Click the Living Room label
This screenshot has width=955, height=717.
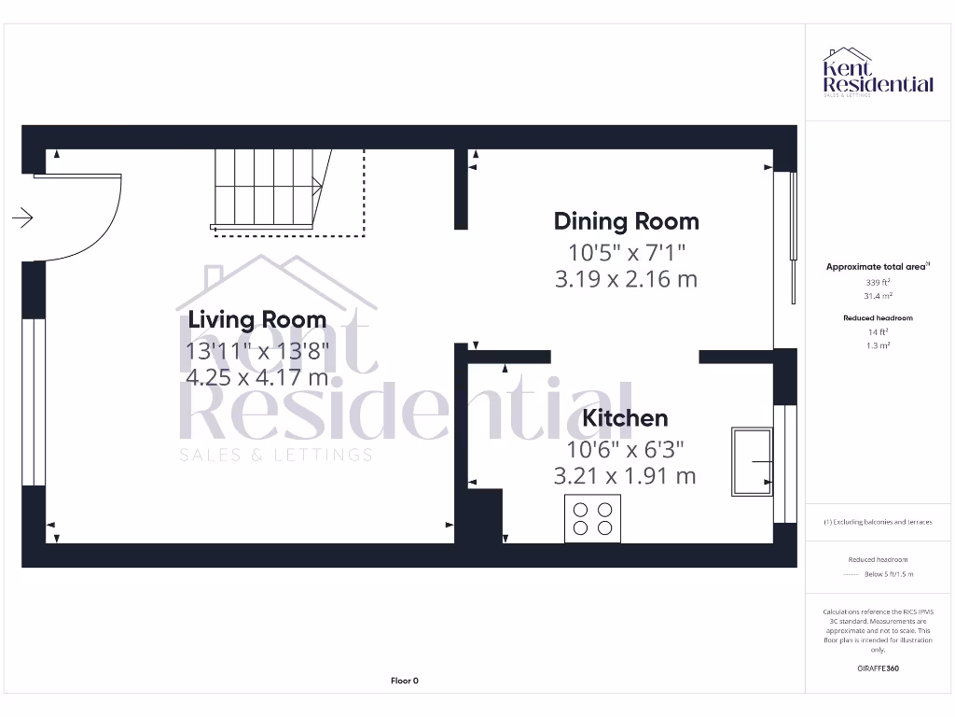257,319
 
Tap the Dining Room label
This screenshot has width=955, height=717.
626,221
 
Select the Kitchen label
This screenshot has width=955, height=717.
625,418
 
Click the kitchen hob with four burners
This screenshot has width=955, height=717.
593,519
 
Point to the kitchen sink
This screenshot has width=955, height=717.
752,461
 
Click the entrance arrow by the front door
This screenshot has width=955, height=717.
23,218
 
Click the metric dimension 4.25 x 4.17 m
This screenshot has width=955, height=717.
256,378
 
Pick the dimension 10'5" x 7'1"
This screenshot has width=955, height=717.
626,252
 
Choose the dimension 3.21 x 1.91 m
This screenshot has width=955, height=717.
625,476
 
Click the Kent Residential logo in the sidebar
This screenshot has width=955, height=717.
877,73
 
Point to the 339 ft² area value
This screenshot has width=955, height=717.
877,282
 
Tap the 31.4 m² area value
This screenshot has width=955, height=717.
877,296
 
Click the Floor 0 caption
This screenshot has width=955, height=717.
404,681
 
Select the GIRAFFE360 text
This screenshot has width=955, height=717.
877,668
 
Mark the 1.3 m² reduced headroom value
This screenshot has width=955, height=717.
877,344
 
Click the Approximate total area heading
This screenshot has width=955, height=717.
877,267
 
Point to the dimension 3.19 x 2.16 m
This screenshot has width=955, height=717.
626,279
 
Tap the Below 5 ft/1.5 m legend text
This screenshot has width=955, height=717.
889,574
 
